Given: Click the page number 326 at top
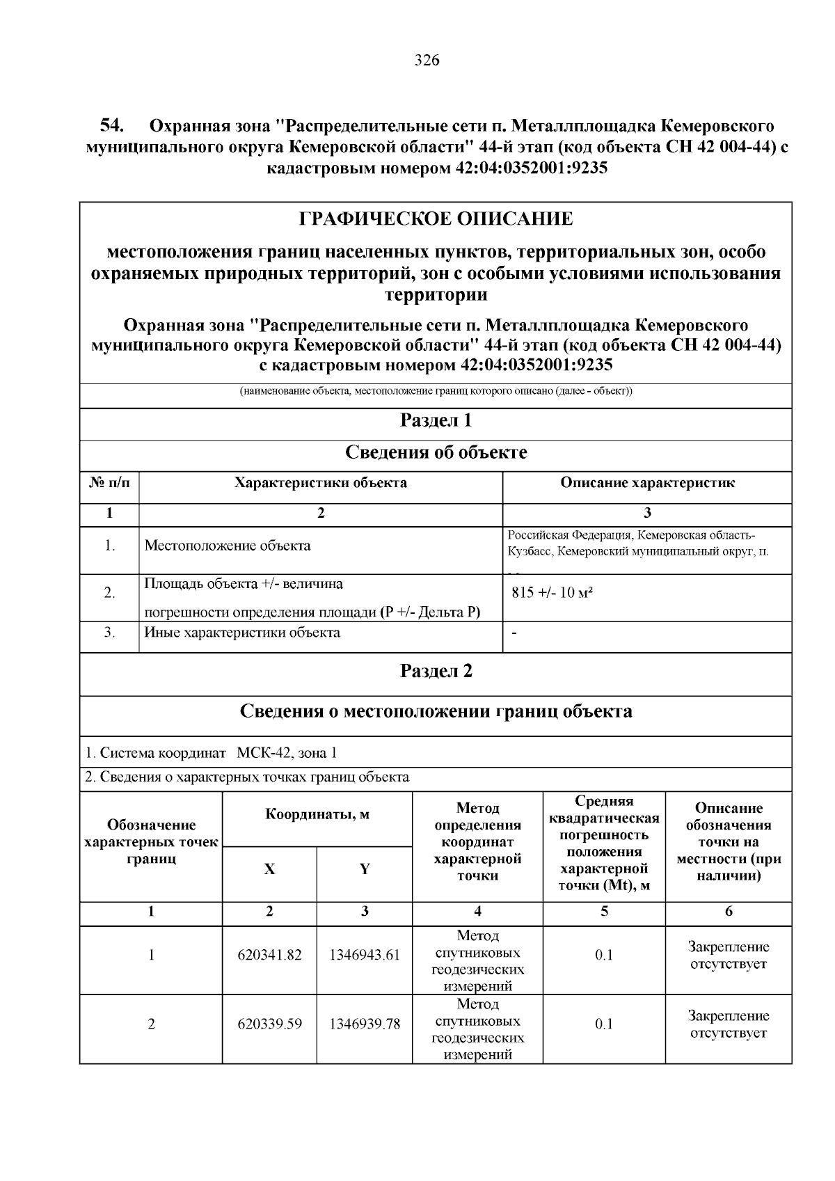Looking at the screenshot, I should pos(427,61).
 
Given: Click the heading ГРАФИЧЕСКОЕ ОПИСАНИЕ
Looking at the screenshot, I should pos(436,219).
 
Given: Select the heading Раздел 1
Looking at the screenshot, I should pos(436,420).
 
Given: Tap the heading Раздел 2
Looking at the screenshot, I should pos(436,671).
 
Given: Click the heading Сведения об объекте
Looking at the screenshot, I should pos(436,452).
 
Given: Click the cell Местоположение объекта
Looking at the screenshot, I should pos(227,546).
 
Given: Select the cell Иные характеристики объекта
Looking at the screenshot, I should pos(241,633).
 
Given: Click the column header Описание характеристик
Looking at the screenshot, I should pos(646,483).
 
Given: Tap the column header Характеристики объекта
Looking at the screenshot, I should pos(320,483).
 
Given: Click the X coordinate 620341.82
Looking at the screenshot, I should pos(269,955).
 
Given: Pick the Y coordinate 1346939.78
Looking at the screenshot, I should pos(364,1024).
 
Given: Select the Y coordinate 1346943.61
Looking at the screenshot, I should pos(364,955).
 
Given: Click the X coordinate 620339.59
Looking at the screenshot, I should pos(269,1024).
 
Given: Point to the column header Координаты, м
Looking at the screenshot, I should pos(317,815).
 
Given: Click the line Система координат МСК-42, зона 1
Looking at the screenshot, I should pos(211,753).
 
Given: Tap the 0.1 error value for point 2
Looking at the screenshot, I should pos(603,1024).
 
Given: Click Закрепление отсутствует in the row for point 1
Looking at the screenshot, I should pos(728,955).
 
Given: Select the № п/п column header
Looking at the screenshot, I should pos(109,483).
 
